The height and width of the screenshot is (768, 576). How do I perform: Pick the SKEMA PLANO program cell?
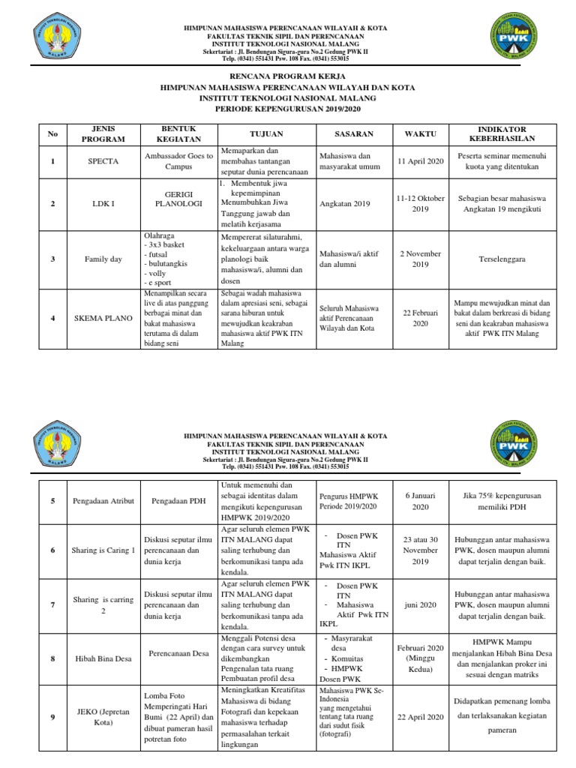pos(103,318)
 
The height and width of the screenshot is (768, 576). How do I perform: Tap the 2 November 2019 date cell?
pos(420,259)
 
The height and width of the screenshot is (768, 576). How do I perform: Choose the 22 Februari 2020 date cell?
pos(420,317)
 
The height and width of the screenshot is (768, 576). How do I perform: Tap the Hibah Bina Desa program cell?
pos(103,658)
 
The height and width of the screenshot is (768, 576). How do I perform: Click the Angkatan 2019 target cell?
pos(340,203)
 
